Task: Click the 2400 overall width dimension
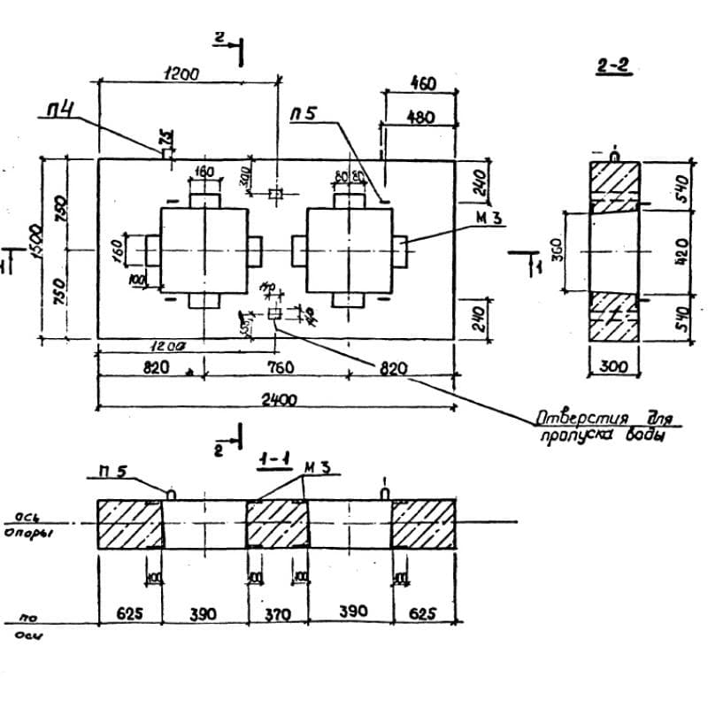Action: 278,400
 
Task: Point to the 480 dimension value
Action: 422,117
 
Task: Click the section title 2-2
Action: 613,66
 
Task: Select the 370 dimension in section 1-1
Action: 277,612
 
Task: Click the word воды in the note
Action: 643,436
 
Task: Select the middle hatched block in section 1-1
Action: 277,524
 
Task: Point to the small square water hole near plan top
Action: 275,193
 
